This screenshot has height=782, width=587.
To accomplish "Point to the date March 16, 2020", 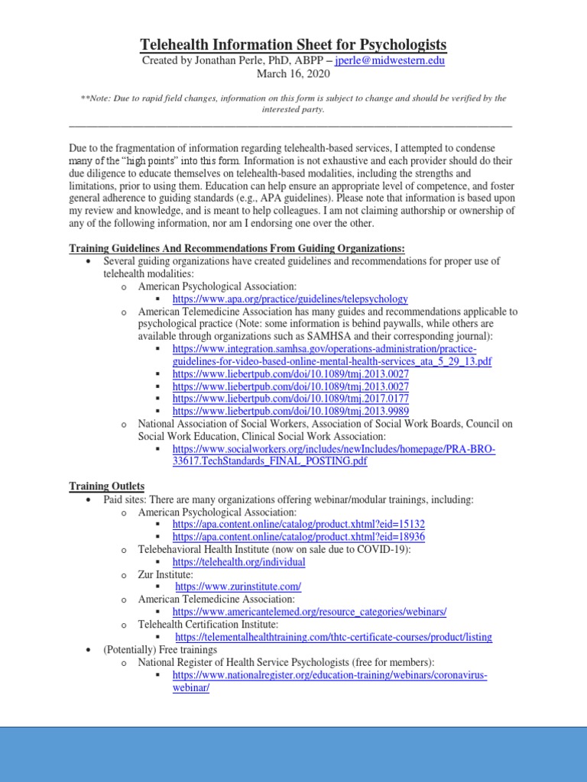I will pos(293,74).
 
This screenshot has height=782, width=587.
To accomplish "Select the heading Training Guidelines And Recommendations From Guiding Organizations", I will pos(237,248).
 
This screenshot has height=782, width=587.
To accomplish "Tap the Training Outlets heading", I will pos(107,486).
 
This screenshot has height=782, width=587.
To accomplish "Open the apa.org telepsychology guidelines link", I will pos(290,299).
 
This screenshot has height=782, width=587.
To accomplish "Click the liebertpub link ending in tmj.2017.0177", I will pos(290,399).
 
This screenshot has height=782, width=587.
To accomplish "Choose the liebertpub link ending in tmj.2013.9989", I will pos(290,411).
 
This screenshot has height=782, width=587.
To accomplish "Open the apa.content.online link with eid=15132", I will pos(299,524).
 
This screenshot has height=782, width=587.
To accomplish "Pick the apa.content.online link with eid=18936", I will pos(299,536).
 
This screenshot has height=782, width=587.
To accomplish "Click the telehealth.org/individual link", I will pos(238,561).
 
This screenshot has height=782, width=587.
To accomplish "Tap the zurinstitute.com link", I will pos(238,586).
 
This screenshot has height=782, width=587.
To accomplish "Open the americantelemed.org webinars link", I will pos(309,612).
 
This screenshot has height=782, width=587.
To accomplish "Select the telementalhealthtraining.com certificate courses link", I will pos(333,637).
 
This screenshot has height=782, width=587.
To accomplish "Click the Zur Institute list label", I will pos(165,574).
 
